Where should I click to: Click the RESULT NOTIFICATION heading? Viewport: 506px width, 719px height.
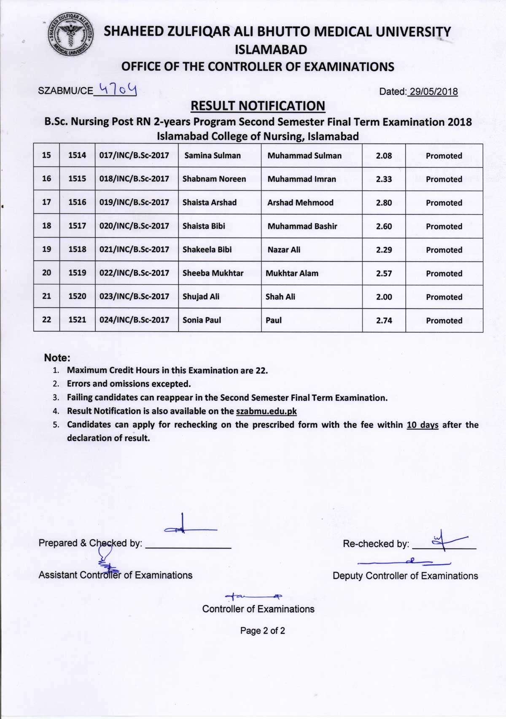point(258,106)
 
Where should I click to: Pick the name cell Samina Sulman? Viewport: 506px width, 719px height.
point(212,155)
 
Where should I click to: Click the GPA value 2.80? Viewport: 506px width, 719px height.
point(384,203)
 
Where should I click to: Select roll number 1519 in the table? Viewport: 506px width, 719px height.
point(77,273)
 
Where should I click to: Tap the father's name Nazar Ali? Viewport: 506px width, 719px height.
point(284,250)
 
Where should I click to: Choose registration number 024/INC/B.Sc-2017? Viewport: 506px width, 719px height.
point(134,320)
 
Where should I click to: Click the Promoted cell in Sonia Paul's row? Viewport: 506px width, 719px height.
point(444,320)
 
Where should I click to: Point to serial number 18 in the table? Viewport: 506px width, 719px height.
point(46,226)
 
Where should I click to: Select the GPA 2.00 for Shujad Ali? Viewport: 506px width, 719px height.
point(384,297)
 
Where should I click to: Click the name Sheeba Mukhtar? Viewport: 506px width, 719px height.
point(213,273)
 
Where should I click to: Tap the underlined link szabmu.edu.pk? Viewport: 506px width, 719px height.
point(266,411)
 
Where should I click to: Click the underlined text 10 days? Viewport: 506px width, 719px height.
point(423,425)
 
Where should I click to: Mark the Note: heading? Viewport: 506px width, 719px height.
point(57,358)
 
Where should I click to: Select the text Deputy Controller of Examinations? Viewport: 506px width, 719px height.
point(405,576)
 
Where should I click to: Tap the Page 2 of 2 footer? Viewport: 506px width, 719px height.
point(262,631)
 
